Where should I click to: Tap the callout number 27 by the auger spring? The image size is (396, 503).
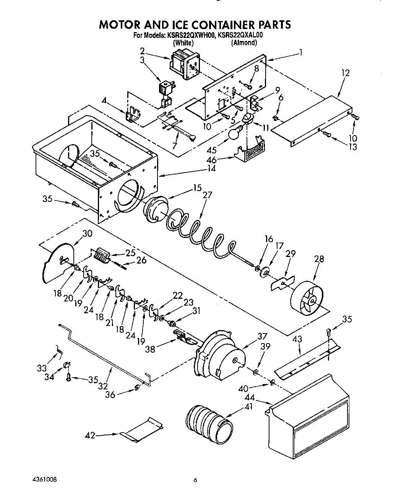coord(207,195)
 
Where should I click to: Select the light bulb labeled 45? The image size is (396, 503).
coord(234,133)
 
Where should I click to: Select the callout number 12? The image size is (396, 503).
coord(345,73)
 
